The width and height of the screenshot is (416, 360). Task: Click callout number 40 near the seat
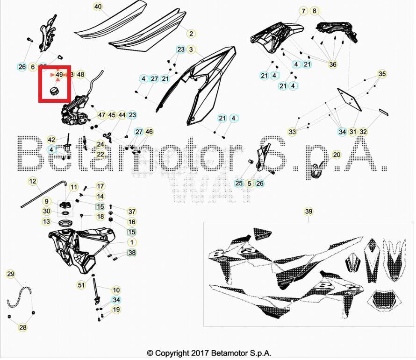tap(98, 7)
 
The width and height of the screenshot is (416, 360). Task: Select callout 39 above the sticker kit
tap(308, 212)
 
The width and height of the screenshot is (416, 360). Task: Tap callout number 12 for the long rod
tap(32, 181)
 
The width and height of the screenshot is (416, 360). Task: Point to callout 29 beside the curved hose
tap(11, 274)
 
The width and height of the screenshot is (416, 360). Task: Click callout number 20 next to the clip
tap(337, 155)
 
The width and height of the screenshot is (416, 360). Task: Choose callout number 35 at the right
tap(382, 74)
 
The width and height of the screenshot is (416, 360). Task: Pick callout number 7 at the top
tap(303, 11)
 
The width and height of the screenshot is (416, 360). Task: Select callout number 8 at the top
tap(314, 11)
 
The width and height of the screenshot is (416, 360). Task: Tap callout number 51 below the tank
tap(81, 285)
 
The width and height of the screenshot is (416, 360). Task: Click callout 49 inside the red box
tap(59, 74)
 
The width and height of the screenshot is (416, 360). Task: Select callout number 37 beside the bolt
tap(132, 212)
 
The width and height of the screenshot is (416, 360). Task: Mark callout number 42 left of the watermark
tap(52, 140)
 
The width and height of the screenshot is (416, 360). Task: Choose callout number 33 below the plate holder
tap(292, 132)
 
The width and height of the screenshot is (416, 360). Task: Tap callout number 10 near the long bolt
tap(116, 290)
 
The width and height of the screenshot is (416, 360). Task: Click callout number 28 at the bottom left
tap(22, 328)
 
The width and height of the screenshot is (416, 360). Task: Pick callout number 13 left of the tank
tap(47, 221)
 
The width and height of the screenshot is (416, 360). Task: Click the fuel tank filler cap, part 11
tap(65, 205)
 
